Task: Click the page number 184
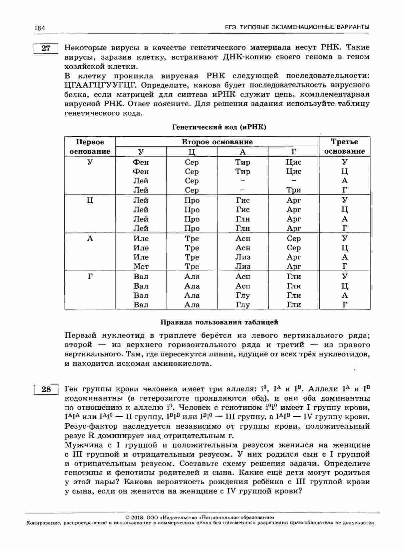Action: (39, 28)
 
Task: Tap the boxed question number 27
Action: (46, 48)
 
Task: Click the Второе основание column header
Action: (217, 142)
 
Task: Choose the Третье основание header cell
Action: (344, 146)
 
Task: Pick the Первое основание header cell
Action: (90, 146)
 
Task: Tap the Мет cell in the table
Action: (141, 266)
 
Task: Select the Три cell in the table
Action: (293, 190)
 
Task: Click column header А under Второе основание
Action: (243, 152)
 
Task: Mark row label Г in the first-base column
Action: (90, 276)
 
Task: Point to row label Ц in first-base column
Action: (90, 200)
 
